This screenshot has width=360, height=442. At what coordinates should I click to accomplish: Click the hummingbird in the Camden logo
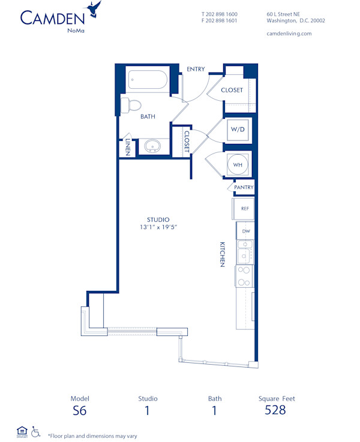94,9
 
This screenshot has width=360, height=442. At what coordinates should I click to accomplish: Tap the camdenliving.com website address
289,34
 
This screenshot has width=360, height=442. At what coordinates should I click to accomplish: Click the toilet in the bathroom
131,106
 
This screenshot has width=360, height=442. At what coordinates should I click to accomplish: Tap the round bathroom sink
152,146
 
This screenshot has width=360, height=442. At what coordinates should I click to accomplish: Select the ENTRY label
196,70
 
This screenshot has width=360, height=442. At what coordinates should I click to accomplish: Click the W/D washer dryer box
238,130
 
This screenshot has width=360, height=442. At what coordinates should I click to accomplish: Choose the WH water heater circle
238,164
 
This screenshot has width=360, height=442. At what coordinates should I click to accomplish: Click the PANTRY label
244,188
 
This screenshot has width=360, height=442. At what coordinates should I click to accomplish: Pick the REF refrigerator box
244,209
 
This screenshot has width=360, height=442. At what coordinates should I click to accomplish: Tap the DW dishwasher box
246,231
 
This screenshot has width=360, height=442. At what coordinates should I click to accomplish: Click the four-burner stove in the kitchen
245,276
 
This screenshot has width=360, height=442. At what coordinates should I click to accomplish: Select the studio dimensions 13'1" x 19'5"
158,228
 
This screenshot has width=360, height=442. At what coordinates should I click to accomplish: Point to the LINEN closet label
127,147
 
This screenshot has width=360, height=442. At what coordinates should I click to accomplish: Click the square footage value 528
275,410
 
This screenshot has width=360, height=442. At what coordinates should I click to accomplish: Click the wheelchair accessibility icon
35,431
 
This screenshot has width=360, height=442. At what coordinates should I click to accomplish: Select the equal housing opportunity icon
22,431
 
